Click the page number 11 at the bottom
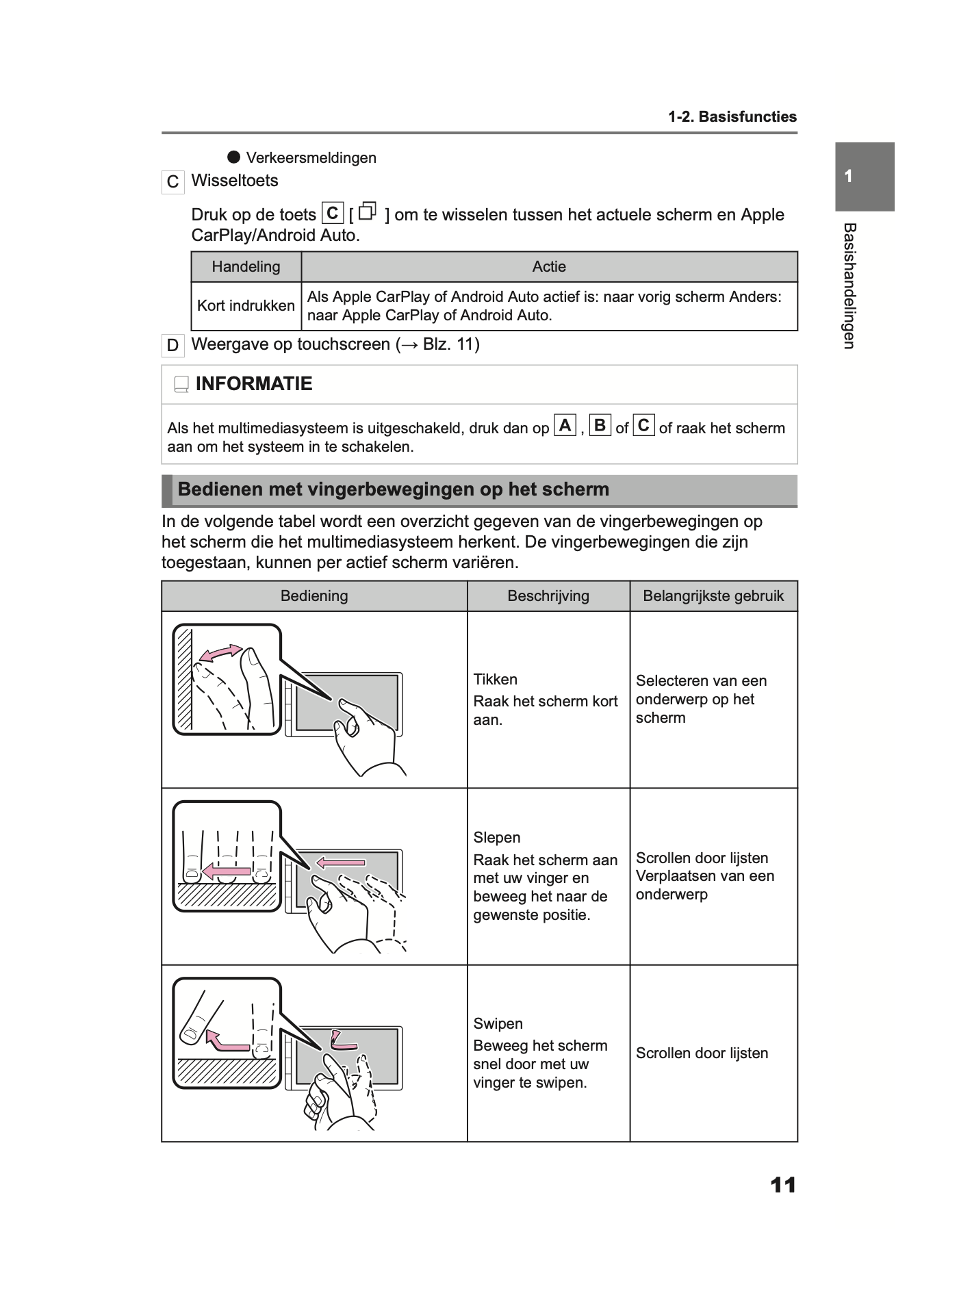point(783,1185)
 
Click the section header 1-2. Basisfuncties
point(732,117)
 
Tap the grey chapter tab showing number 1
point(864,177)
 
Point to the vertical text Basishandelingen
point(849,285)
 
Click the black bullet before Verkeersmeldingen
point(234,157)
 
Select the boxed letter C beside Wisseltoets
point(172,182)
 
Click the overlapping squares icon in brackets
point(368,212)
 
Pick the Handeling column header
point(246,267)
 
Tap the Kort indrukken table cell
point(246,306)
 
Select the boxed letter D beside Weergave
point(172,345)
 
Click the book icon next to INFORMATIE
point(181,385)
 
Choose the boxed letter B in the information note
point(600,426)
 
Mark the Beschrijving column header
point(548,596)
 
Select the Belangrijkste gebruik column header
point(713,596)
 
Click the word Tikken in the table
point(495,680)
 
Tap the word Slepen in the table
point(496,838)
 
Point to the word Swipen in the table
point(498,1024)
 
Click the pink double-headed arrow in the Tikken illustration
point(220,653)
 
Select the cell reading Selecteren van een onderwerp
point(701,699)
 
